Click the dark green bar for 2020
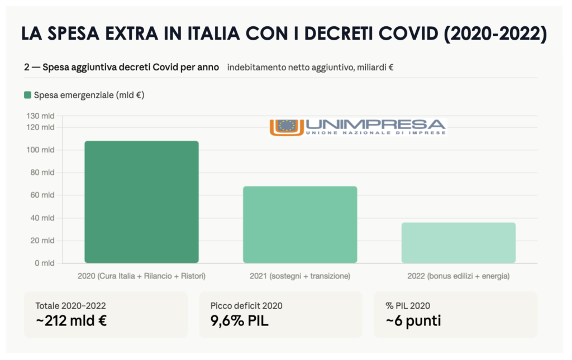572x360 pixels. (x=141, y=201)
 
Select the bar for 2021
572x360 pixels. (x=299, y=224)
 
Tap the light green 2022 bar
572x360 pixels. (x=458, y=242)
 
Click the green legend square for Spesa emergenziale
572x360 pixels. (x=27, y=95)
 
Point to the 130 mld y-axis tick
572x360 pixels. (x=41, y=116)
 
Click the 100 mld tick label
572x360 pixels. (x=41, y=150)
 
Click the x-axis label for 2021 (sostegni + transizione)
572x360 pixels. (x=299, y=276)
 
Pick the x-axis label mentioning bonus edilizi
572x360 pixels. (x=458, y=276)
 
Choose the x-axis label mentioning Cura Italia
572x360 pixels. (x=141, y=276)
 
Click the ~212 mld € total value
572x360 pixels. (x=71, y=321)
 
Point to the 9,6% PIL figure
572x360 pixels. (x=240, y=321)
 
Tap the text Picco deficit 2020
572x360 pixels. (x=246, y=305)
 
